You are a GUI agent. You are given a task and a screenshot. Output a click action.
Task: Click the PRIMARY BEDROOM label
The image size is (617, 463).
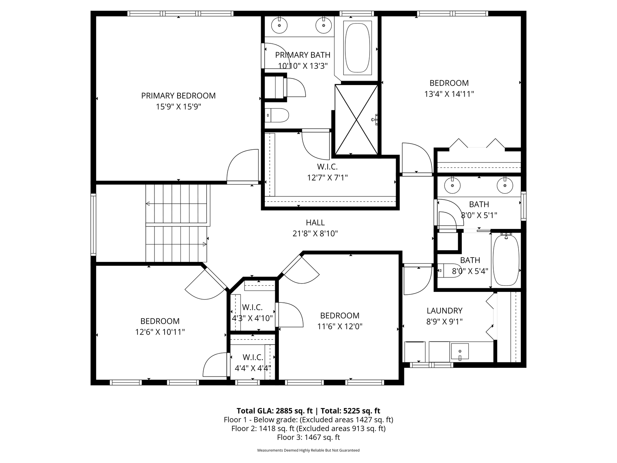tap(178, 96)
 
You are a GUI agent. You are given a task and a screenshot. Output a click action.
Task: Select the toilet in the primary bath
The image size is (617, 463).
tap(277, 115)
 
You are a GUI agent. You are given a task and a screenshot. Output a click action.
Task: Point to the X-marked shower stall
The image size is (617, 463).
tap(357, 119)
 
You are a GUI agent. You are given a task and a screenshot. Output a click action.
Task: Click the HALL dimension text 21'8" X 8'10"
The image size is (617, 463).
tap(315, 234)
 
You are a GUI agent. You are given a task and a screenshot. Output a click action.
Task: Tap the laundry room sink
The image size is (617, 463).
tap(459, 352)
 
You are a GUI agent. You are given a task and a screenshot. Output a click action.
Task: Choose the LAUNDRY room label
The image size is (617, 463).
tap(444, 311)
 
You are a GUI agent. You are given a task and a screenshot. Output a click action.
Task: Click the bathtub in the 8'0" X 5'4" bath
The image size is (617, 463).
tap(506, 259)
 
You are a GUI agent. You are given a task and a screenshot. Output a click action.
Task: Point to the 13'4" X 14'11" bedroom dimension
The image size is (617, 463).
tap(449, 94)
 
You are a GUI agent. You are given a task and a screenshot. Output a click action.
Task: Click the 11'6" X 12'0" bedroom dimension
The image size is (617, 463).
tap(340, 327)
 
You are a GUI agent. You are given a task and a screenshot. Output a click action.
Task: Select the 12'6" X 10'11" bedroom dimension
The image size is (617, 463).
tap(160, 332)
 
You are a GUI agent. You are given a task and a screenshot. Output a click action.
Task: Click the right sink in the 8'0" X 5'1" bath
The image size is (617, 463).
tap(505, 186)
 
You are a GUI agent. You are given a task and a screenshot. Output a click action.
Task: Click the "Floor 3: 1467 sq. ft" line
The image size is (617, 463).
tap(308, 437)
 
